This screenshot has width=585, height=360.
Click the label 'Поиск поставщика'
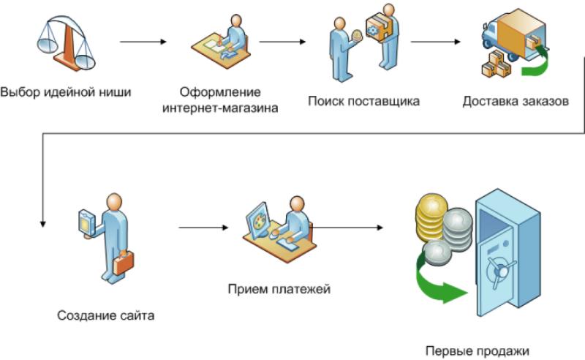363,101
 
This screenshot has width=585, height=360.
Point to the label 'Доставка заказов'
516,101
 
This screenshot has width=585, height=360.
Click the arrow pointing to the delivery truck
436,42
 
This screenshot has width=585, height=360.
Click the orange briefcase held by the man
124,260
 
